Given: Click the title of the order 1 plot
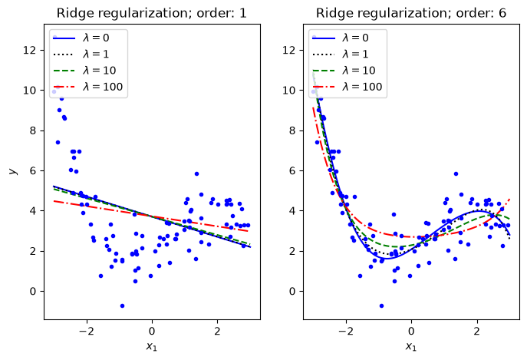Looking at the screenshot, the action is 152,13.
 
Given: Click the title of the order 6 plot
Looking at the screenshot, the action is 411,13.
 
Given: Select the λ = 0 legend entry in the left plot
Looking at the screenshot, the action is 81,38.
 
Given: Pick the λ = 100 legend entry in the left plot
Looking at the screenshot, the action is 88,87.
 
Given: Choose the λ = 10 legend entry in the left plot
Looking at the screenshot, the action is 84,71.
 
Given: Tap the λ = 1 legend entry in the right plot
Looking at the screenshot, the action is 341,54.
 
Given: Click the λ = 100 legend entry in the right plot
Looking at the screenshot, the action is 347,87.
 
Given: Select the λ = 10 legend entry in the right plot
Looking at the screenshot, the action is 344,71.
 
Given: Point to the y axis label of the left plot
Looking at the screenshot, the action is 13,172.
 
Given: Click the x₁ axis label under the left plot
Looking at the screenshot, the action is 152,346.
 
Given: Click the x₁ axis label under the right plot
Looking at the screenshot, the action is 411,346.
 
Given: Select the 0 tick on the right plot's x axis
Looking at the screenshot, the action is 411,331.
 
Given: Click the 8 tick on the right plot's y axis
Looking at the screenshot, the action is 292,130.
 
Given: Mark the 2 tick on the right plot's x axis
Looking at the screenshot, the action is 477,331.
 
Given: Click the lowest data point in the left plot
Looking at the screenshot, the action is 122,306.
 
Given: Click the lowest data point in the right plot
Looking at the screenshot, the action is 381,306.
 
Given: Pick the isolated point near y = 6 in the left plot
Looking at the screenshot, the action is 196,174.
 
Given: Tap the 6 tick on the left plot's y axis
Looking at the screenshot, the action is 32,170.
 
